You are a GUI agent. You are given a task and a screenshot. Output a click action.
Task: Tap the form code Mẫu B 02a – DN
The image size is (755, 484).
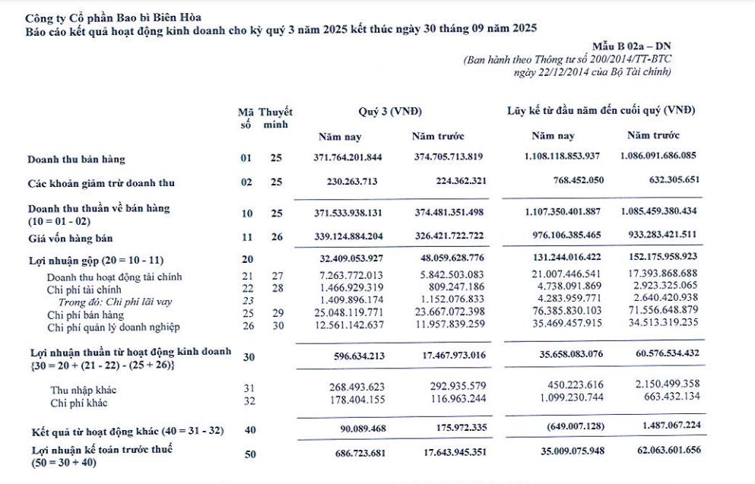pos(631,47)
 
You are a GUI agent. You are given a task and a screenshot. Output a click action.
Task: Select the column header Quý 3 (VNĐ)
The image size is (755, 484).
pos(389,111)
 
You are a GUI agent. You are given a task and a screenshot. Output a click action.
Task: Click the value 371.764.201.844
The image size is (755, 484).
pos(348,159)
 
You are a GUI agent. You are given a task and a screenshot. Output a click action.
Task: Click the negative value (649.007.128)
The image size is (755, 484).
pos(569,428)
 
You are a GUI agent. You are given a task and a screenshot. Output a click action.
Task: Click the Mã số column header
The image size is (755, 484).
pos(245,119)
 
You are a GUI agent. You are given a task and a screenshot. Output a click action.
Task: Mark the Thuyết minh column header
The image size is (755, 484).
pos(275,119)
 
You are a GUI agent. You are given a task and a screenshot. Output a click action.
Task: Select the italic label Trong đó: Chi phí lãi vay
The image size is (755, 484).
pos(115,302)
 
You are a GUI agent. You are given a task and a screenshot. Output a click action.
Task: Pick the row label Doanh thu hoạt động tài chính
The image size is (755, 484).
pos(114,277)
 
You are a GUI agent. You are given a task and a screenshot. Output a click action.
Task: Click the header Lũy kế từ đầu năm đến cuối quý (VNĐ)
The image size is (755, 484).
pos(601,111)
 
